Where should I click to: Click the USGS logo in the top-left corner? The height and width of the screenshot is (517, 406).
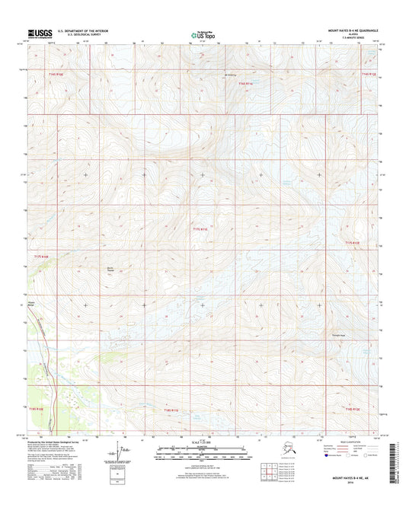(x=40, y=34)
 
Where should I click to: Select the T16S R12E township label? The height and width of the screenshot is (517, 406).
(x=368, y=75)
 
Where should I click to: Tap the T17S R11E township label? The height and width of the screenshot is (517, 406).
(x=199, y=228)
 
